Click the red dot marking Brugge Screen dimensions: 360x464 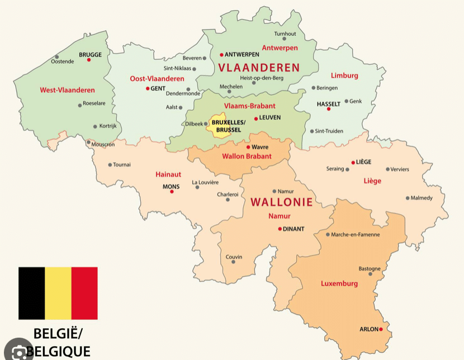click(89, 60)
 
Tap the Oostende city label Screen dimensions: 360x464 click(62, 61)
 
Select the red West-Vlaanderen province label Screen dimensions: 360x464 click(67, 90)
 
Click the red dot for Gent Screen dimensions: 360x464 click(148, 88)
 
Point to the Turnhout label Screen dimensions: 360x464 click(285, 34)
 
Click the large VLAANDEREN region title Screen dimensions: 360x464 click(259, 68)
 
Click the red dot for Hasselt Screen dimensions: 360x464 click(329, 109)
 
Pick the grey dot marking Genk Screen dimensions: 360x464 click(346, 101)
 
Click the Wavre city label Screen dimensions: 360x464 click(259, 147)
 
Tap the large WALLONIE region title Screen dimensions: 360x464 click(281, 202)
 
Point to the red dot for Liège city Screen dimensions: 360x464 click(353, 163)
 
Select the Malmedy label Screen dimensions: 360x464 click(422, 198)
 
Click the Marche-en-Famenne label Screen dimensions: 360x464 click(355, 234)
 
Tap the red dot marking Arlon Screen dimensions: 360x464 click(381, 329)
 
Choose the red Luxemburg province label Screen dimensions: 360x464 click(339, 283)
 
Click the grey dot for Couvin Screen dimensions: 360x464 click(233, 262)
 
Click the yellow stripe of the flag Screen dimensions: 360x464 click(58, 293)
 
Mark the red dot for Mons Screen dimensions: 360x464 click(172, 192)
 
